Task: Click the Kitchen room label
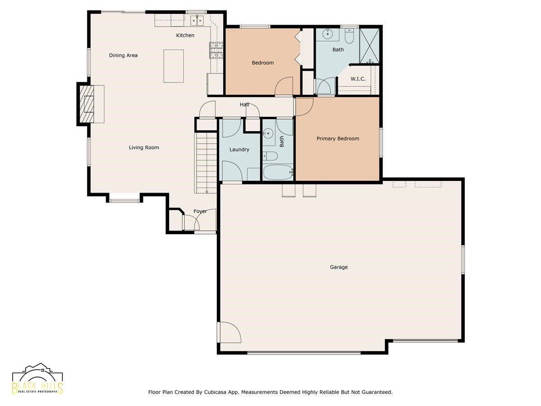pyautogui.click(x=185, y=35)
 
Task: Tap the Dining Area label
pyautogui.click(x=123, y=55)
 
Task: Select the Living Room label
pyautogui.click(x=144, y=148)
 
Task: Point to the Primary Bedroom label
pyautogui.click(x=338, y=138)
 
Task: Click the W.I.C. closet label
pyautogui.click(x=358, y=79)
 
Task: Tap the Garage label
pyautogui.click(x=339, y=267)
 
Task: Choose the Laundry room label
pyautogui.click(x=239, y=149)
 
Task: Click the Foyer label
pyautogui.click(x=200, y=211)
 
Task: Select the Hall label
pyautogui.click(x=244, y=105)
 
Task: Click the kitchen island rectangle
pyautogui.click(x=174, y=66)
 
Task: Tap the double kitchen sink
pyautogui.click(x=197, y=20)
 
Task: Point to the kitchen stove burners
pyautogui.click(x=216, y=50)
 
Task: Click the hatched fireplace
pyautogui.click(x=87, y=104)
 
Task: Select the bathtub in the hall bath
pyautogui.click(x=278, y=172)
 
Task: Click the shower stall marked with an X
pyautogui.click(x=369, y=46)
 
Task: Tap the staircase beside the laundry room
pyautogui.click(x=206, y=163)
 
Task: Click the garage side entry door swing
pyautogui.click(x=229, y=332)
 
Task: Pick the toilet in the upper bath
pyautogui.click(x=349, y=36)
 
